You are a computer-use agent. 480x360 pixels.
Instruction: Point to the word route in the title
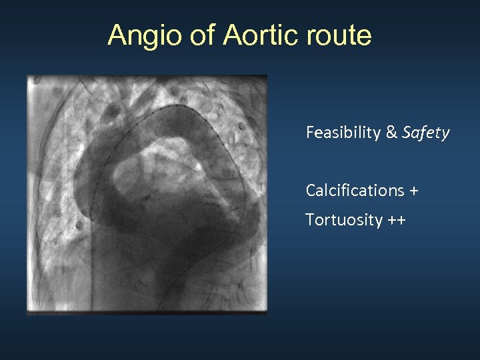[x=339, y=35]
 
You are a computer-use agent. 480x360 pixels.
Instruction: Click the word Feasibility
[x=343, y=133]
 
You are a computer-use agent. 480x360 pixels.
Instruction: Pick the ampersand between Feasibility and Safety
[x=391, y=133]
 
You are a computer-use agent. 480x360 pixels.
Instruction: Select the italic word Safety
[x=426, y=133]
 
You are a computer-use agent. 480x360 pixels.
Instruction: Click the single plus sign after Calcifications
[x=415, y=191]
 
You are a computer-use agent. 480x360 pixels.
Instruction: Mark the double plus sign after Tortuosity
[x=396, y=220]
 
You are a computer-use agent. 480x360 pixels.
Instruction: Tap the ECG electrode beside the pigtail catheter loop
[x=79, y=225]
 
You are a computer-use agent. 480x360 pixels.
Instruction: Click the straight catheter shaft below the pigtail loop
[x=91, y=267]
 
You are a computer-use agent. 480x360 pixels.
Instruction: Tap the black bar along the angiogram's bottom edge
[x=147, y=311]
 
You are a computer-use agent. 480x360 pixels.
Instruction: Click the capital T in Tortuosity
[x=309, y=220]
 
